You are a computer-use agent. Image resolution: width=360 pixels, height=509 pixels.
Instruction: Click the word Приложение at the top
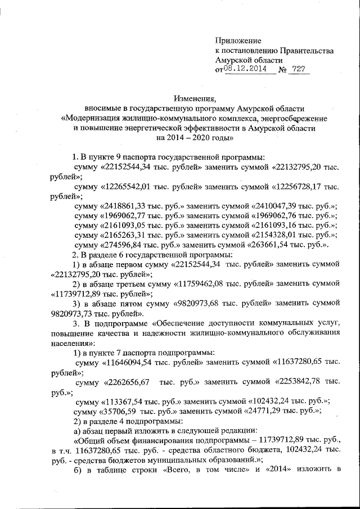click(x=238, y=40)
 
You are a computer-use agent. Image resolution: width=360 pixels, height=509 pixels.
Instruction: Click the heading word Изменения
click(x=193, y=98)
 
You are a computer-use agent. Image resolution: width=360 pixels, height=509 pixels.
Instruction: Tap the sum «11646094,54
click(x=130, y=363)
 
